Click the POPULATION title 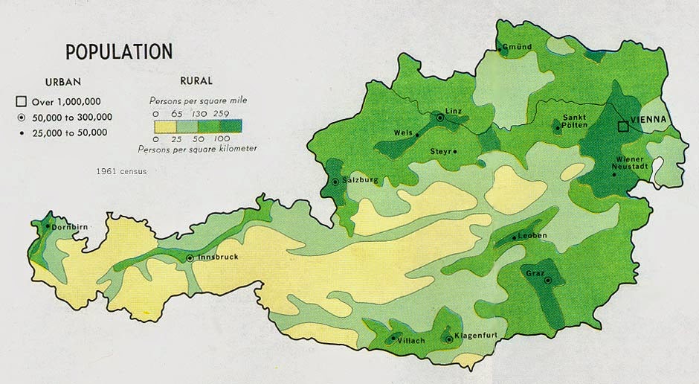point(119,51)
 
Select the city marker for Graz point(547,281)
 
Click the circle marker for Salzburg point(335,181)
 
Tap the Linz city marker point(440,118)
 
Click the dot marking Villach point(392,339)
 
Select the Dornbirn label point(71,227)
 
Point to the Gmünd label point(518,48)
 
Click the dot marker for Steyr point(455,152)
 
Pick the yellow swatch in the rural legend point(167,126)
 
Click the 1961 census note point(121,171)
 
